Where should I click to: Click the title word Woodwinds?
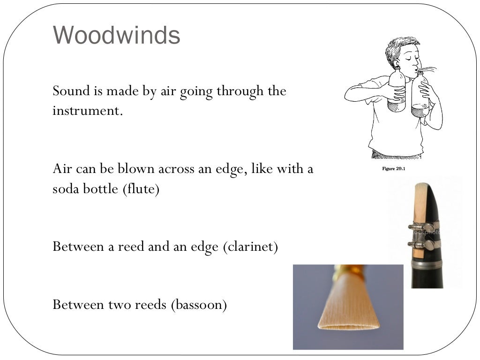(117, 35)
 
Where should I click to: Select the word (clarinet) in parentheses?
(250, 246)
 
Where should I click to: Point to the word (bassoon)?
(199, 305)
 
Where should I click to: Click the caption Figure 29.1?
(393, 169)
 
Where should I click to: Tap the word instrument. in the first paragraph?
(88, 112)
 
